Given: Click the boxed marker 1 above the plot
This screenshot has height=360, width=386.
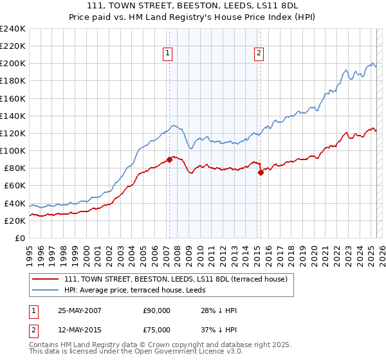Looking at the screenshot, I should point(167,54).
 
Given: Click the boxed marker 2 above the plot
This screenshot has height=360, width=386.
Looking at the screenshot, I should point(259,54).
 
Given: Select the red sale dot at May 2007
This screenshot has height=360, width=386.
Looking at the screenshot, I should point(170,159).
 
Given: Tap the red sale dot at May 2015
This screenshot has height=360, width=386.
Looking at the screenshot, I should point(261,172).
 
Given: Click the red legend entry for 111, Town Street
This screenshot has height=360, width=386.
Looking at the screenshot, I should point(179,278).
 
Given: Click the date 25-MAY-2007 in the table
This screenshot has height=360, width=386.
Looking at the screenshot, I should point(79,310).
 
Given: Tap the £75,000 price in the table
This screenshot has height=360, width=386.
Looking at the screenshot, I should point(157,330).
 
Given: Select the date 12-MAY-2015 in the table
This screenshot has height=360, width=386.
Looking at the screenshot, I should point(79,330).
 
